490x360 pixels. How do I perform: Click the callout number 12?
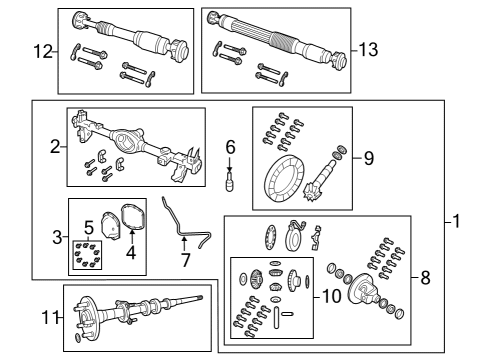(x=42, y=51)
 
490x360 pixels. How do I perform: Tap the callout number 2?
(x=54, y=147)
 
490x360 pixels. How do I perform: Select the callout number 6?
(x=229, y=147)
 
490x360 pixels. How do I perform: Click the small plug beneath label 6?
(x=229, y=181)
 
